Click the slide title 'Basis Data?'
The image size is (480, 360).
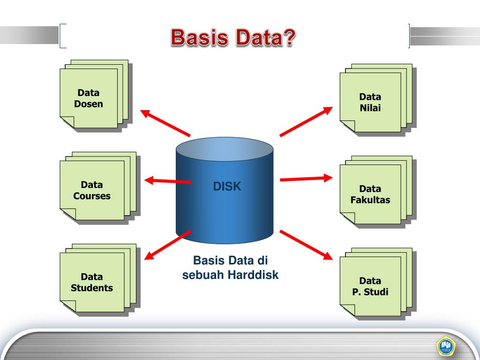tap(233, 37)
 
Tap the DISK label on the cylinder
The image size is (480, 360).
tap(227, 187)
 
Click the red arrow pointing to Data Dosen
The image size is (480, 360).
tap(165, 122)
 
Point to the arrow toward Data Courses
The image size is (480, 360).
tap(168, 180)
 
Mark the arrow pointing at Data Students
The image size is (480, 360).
tap(168, 244)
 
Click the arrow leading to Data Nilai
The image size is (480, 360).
tap(306, 121)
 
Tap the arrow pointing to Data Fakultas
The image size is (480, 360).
tap(306, 179)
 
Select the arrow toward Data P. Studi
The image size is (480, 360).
tap(306, 244)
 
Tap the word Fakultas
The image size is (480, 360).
tap(370, 200)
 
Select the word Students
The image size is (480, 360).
tap(92, 288)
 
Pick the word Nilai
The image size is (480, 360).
tap(370, 108)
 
